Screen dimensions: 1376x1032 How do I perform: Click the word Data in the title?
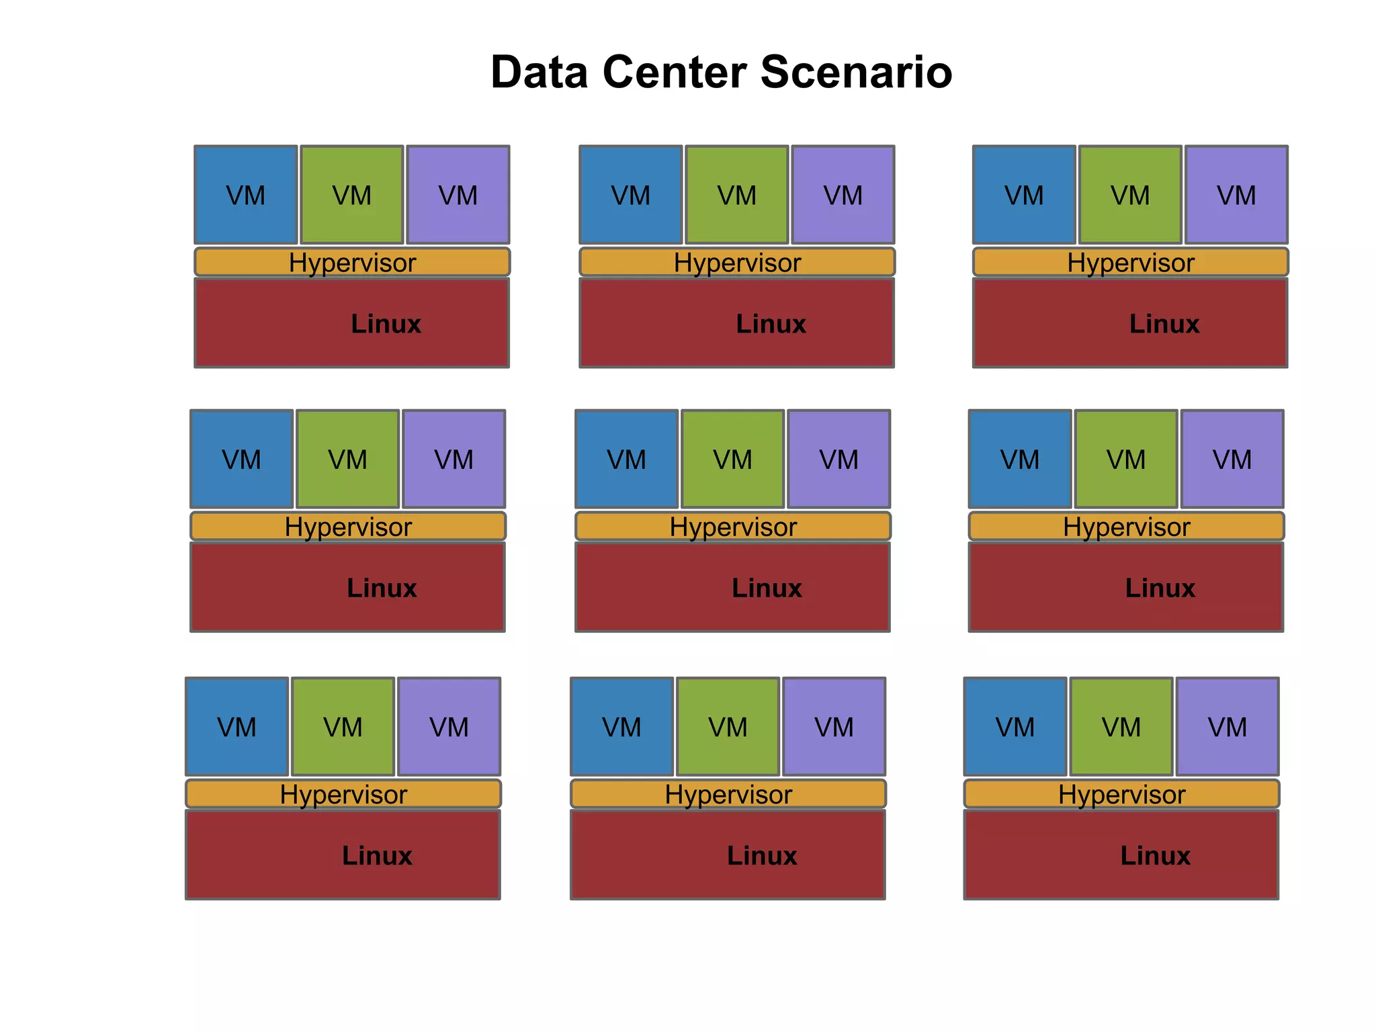click(540, 72)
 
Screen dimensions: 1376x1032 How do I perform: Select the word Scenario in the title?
click(857, 72)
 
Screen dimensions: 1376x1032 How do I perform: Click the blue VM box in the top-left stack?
click(246, 195)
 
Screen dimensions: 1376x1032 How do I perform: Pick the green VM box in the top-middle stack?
click(737, 195)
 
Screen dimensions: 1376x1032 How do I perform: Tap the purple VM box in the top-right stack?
click(1236, 195)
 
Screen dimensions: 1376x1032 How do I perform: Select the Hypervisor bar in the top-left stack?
click(352, 262)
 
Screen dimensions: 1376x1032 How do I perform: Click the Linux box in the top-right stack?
click(1130, 323)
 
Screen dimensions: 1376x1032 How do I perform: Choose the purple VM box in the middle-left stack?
click(454, 459)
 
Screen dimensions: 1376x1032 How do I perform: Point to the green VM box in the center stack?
click(733, 459)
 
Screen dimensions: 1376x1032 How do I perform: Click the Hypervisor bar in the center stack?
click(733, 526)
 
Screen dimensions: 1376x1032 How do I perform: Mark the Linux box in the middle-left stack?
click(348, 587)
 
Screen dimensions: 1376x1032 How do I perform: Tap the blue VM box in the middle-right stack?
click(1020, 459)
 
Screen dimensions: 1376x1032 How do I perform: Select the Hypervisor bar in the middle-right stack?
click(1126, 526)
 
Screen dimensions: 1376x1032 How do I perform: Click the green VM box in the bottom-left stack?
click(343, 726)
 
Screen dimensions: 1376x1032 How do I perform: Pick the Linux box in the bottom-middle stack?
click(728, 855)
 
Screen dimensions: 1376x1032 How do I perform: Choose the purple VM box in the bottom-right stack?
click(1228, 726)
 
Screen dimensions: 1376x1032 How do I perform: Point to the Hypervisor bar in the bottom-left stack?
click(343, 793)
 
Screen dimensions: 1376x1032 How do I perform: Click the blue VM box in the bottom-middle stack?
click(622, 726)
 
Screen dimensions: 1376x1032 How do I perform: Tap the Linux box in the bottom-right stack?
click(1121, 855)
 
